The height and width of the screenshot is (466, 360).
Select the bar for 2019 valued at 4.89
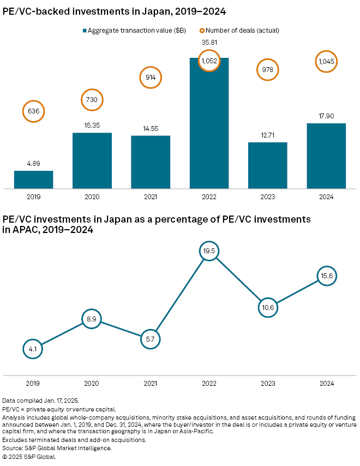point(33,180)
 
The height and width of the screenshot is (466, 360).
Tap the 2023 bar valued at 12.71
point(267,165)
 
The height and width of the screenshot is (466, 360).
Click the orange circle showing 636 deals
point(33,111)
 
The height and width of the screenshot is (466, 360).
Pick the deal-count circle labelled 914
point(151,77)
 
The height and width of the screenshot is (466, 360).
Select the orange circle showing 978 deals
point(267,70)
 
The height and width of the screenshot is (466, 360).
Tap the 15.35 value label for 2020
point(92,126)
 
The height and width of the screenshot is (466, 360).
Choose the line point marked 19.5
point(209,252)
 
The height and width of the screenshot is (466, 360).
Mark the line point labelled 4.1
point(33,347)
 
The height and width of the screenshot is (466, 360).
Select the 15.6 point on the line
point(326,277)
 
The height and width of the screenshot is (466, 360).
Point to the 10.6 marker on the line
point(267,307)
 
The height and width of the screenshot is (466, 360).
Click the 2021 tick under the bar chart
point(151,196)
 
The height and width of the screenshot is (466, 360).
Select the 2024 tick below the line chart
point(326,383)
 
